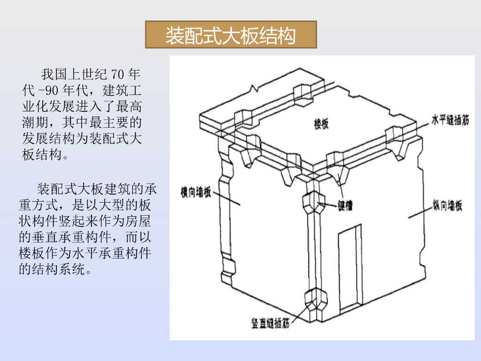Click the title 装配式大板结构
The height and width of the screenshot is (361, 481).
tap(231, 35)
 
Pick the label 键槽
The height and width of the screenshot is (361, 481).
tap(345, 206)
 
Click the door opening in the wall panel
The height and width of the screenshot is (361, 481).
tap(349, 268)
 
